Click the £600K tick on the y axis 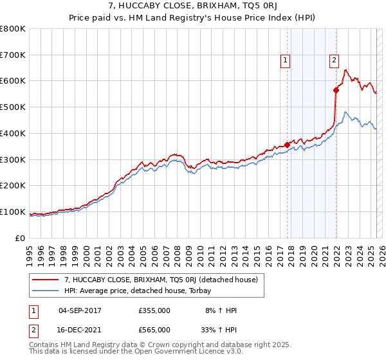pos(13,81)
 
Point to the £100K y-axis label pos(13,212)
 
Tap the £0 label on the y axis pos(21,238)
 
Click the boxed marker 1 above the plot pos(285,61)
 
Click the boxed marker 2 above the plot pos(335,61)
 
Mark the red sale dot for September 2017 pos(287,145)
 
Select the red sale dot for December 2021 pos(336,90)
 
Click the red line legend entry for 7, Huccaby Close pos(161,280)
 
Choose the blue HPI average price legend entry pos(142,291)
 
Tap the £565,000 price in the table pos(154,329)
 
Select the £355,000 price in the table pos(154,310)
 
